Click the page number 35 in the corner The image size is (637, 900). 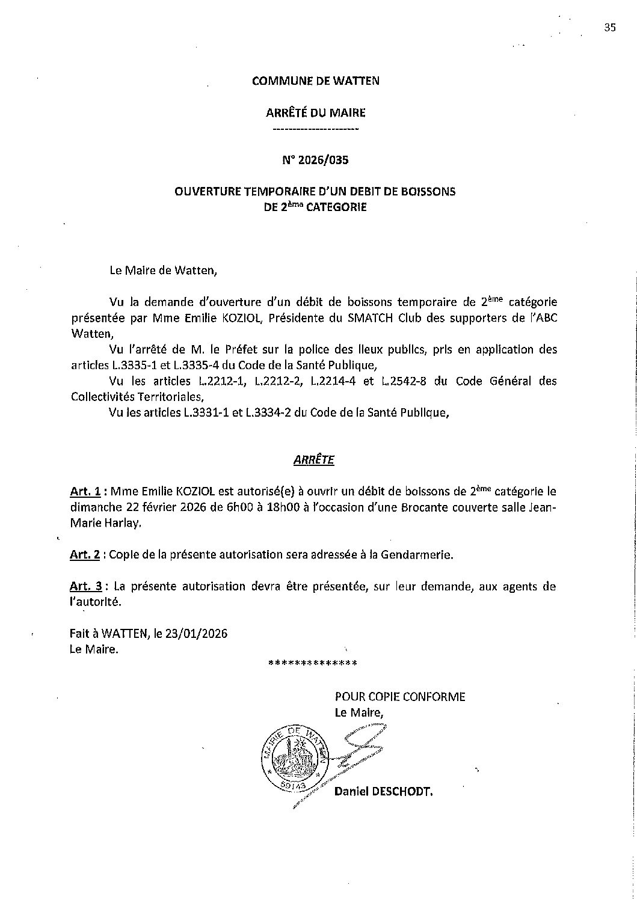tap(609, 26)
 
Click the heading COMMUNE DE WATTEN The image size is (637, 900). tap(316, 81)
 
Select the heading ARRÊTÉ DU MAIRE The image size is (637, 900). tap(316, 112)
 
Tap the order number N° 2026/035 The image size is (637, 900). tap(316, 161)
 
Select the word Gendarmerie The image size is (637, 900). tap(414, 554)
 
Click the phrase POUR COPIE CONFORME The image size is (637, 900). tap(400, 697)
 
